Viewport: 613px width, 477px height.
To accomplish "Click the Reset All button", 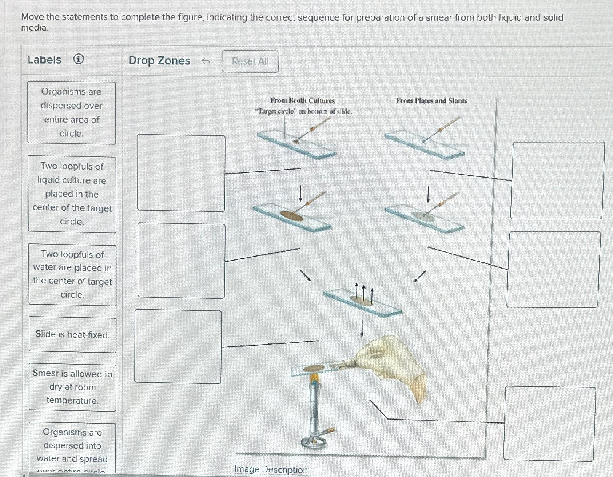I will pos(250,61).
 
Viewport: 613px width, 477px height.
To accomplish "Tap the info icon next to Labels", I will pos(79,59).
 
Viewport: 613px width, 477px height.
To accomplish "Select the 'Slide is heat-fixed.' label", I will pos(72,335).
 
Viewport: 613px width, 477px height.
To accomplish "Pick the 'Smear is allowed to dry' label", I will pos(72,387).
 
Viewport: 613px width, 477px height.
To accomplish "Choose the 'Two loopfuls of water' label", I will pos(72,275).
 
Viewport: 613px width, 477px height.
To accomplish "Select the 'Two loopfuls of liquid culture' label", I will pos(72,194).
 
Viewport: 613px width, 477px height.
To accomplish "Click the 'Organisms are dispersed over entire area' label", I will pos(72,113).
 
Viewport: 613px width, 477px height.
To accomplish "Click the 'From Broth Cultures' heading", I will pos(302,101).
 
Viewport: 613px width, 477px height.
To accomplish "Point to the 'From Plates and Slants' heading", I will pos(431,101).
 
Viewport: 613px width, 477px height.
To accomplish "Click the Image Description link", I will pos(271,470).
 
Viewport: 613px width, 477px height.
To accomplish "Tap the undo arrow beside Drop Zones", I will pos(206,61).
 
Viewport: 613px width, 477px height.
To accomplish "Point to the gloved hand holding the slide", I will pos(393,364).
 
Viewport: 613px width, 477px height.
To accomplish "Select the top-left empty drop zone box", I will pos(181,173).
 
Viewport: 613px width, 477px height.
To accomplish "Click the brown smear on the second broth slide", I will pos(291,216).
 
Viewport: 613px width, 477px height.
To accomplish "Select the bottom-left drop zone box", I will pos(178,346).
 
